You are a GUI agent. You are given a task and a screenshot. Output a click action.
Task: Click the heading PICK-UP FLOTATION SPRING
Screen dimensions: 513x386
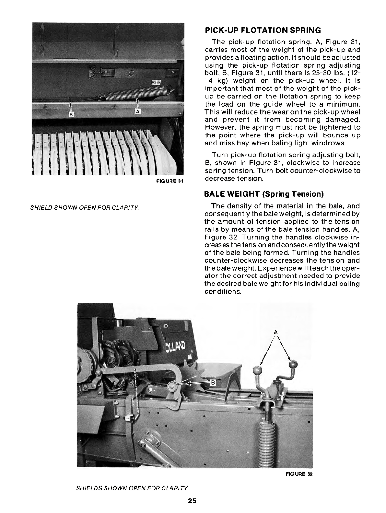(263, 31)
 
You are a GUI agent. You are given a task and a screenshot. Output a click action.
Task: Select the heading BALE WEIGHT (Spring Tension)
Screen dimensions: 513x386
(264, 194)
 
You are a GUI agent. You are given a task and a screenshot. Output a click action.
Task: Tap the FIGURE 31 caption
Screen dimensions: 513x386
(170, 181)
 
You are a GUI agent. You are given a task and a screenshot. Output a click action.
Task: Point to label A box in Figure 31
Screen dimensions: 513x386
(137, 112)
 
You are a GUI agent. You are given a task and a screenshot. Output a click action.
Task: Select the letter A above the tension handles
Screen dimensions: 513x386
(276, 332)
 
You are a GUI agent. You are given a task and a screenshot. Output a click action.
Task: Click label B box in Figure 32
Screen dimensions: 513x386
(212, 382)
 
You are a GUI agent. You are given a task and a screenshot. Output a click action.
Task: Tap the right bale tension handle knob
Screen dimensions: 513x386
(293, 365)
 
